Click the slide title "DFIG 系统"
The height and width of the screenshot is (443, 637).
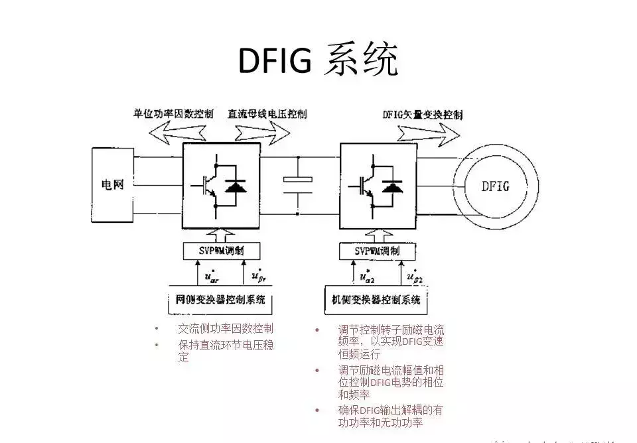318,61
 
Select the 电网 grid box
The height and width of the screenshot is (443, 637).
112,184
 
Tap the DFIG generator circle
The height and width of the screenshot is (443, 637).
495,186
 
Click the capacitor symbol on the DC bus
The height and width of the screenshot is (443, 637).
298,184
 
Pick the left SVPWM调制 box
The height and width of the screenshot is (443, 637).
222,251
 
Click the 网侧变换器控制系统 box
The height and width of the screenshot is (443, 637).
221,300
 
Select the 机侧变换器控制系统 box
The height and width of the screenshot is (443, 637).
376,300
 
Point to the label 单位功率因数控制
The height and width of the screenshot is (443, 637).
173,113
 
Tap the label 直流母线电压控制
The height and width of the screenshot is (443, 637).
267,113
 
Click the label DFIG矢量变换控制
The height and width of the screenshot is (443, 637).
423,113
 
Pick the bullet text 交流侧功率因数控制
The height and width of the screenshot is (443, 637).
225,328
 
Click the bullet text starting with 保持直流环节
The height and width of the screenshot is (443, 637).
225,351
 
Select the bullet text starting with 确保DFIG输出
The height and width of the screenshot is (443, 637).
390,416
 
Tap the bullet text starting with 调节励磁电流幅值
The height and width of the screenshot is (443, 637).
390,382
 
